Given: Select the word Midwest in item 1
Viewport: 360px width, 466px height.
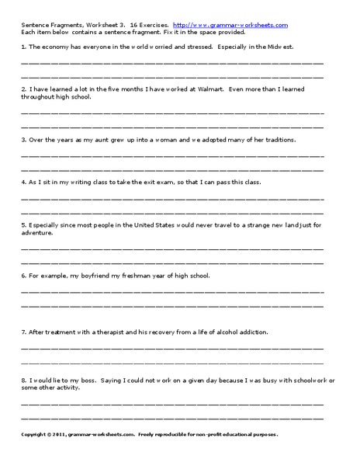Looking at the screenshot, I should [285, 47].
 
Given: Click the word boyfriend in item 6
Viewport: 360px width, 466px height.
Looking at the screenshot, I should [91, 276].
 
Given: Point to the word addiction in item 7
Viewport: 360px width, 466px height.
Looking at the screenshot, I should [250, 332].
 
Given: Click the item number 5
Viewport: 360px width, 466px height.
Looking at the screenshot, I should [23, 224].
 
